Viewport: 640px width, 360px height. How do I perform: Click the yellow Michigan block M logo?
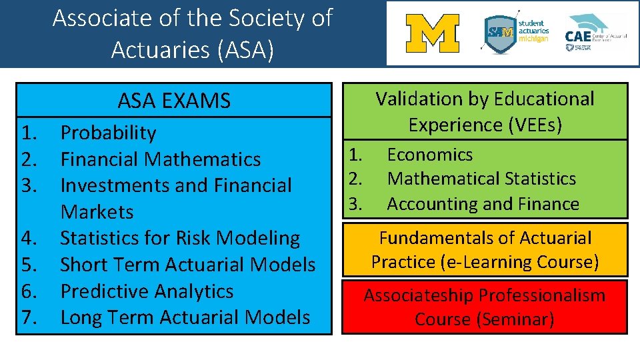432,34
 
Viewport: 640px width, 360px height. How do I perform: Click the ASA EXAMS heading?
174,101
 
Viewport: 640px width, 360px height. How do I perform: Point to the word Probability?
108,133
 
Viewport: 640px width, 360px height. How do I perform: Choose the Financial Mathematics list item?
160,159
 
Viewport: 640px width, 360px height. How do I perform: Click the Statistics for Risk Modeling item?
180,238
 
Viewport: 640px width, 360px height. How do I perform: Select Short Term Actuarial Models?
187,265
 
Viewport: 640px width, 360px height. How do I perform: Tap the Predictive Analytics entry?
147,291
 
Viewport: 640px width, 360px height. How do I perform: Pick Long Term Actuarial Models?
185,317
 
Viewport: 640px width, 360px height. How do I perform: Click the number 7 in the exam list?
29,317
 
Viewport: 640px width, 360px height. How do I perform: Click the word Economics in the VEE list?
430,155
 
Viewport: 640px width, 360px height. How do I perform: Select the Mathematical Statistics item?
481,179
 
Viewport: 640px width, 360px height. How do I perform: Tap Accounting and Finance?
483,204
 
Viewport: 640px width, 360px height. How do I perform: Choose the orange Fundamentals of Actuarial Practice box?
485,250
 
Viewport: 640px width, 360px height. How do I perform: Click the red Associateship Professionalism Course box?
485,307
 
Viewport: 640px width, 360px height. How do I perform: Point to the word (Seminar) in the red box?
515,319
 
